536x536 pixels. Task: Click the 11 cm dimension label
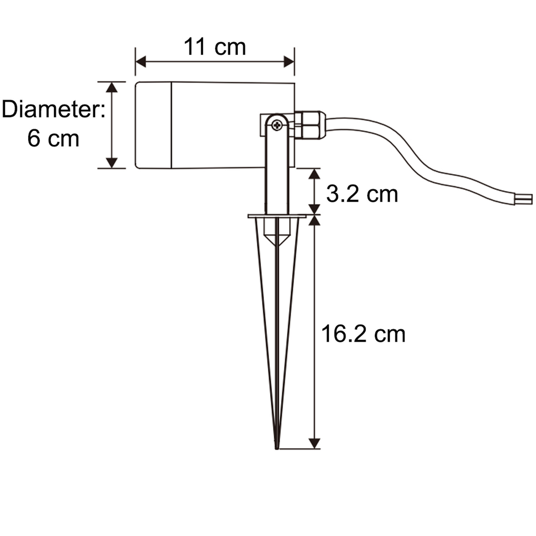click(x=215, y=47)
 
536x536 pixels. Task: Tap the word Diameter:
click(x=54, y=109)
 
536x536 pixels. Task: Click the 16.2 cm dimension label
click(x=363, y=334)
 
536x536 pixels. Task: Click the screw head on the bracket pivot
click(x=277, y=125)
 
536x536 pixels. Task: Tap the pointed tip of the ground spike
click(x=277, y=448)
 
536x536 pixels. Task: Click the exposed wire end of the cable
click(x=523, y=199)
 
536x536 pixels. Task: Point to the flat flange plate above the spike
click(x=277, y=216)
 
